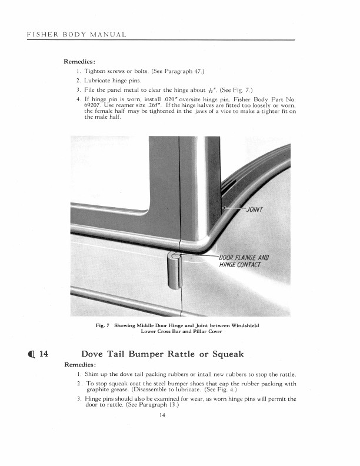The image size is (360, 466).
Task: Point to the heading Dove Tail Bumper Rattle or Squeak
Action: pos(162,354)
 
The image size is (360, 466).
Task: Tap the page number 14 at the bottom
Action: pos(162,416)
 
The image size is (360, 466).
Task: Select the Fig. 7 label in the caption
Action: pos(104,325)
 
